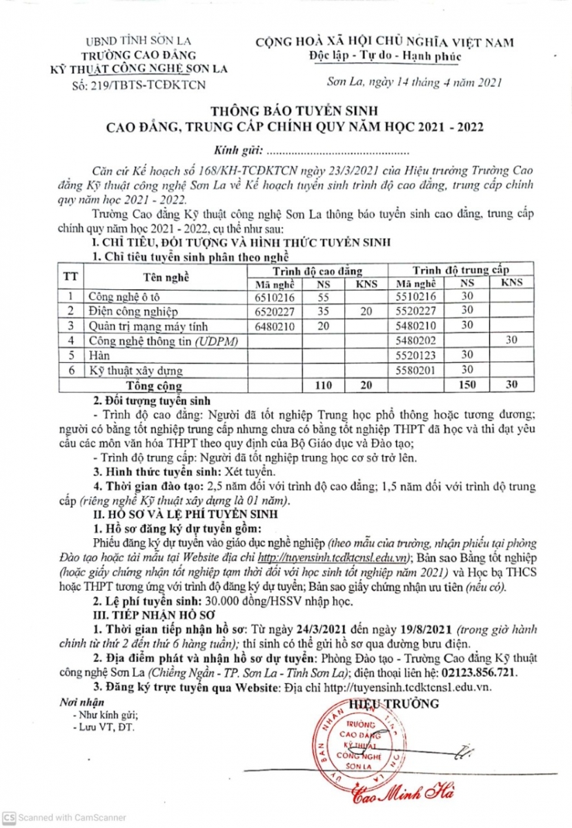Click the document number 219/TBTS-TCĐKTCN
click(138, 84)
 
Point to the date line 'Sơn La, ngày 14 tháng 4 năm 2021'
click(413, 83)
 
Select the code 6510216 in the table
click(275, 297)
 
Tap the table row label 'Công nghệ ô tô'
click(120, 297)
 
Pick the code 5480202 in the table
click(416, 339)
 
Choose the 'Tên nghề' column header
click(166, 277)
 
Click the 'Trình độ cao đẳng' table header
click(319, 270)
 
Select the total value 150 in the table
click(467, 384)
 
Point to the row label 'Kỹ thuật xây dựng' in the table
click(130, 370)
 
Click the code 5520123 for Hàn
click(416, 355)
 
